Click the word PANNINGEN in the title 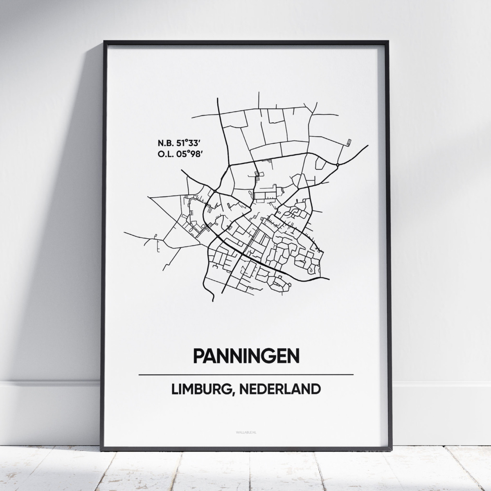246,356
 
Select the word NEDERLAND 282,389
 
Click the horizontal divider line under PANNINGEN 246,374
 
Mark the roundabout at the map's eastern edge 337,165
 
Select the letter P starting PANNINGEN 198,356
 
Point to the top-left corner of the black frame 105,41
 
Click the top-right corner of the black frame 387,41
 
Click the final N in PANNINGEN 293,356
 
